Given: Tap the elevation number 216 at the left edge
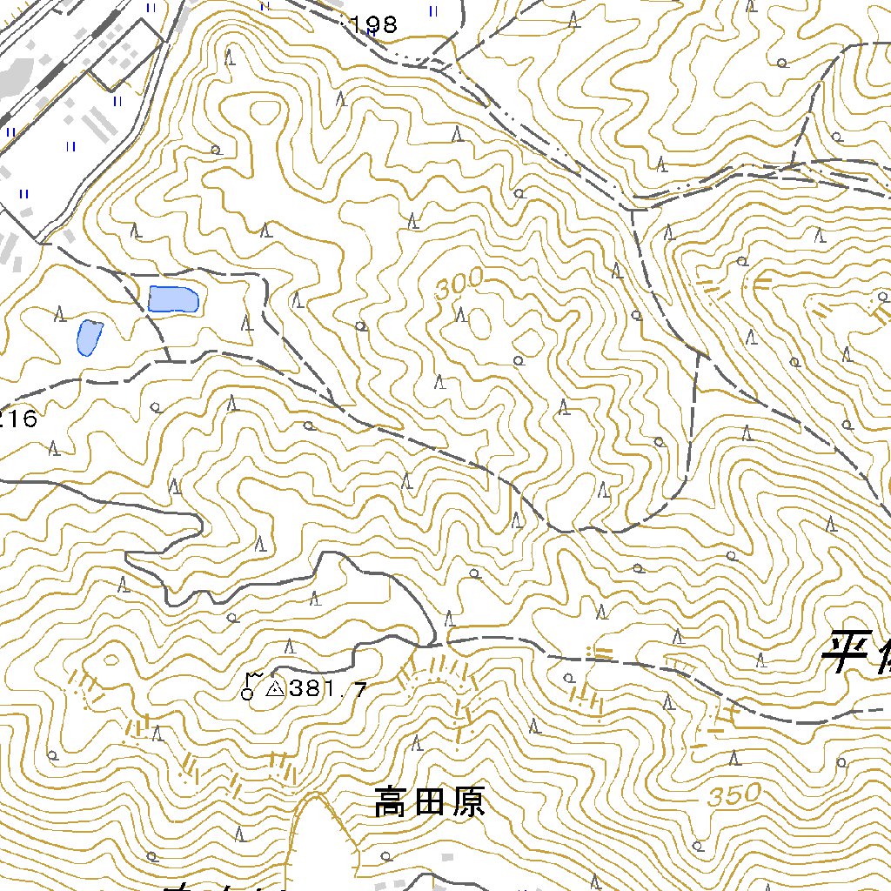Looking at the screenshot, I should (17, 419).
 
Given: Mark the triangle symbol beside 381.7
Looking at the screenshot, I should (274, 689).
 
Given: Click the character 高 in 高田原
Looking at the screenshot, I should (392, 802).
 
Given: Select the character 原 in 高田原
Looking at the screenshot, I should (467, 802).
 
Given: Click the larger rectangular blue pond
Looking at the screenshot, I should (174, 298).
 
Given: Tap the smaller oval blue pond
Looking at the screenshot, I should (88, 338).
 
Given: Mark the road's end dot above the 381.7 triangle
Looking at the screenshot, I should (272, 673).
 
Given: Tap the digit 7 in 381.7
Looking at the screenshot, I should (359, 691).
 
